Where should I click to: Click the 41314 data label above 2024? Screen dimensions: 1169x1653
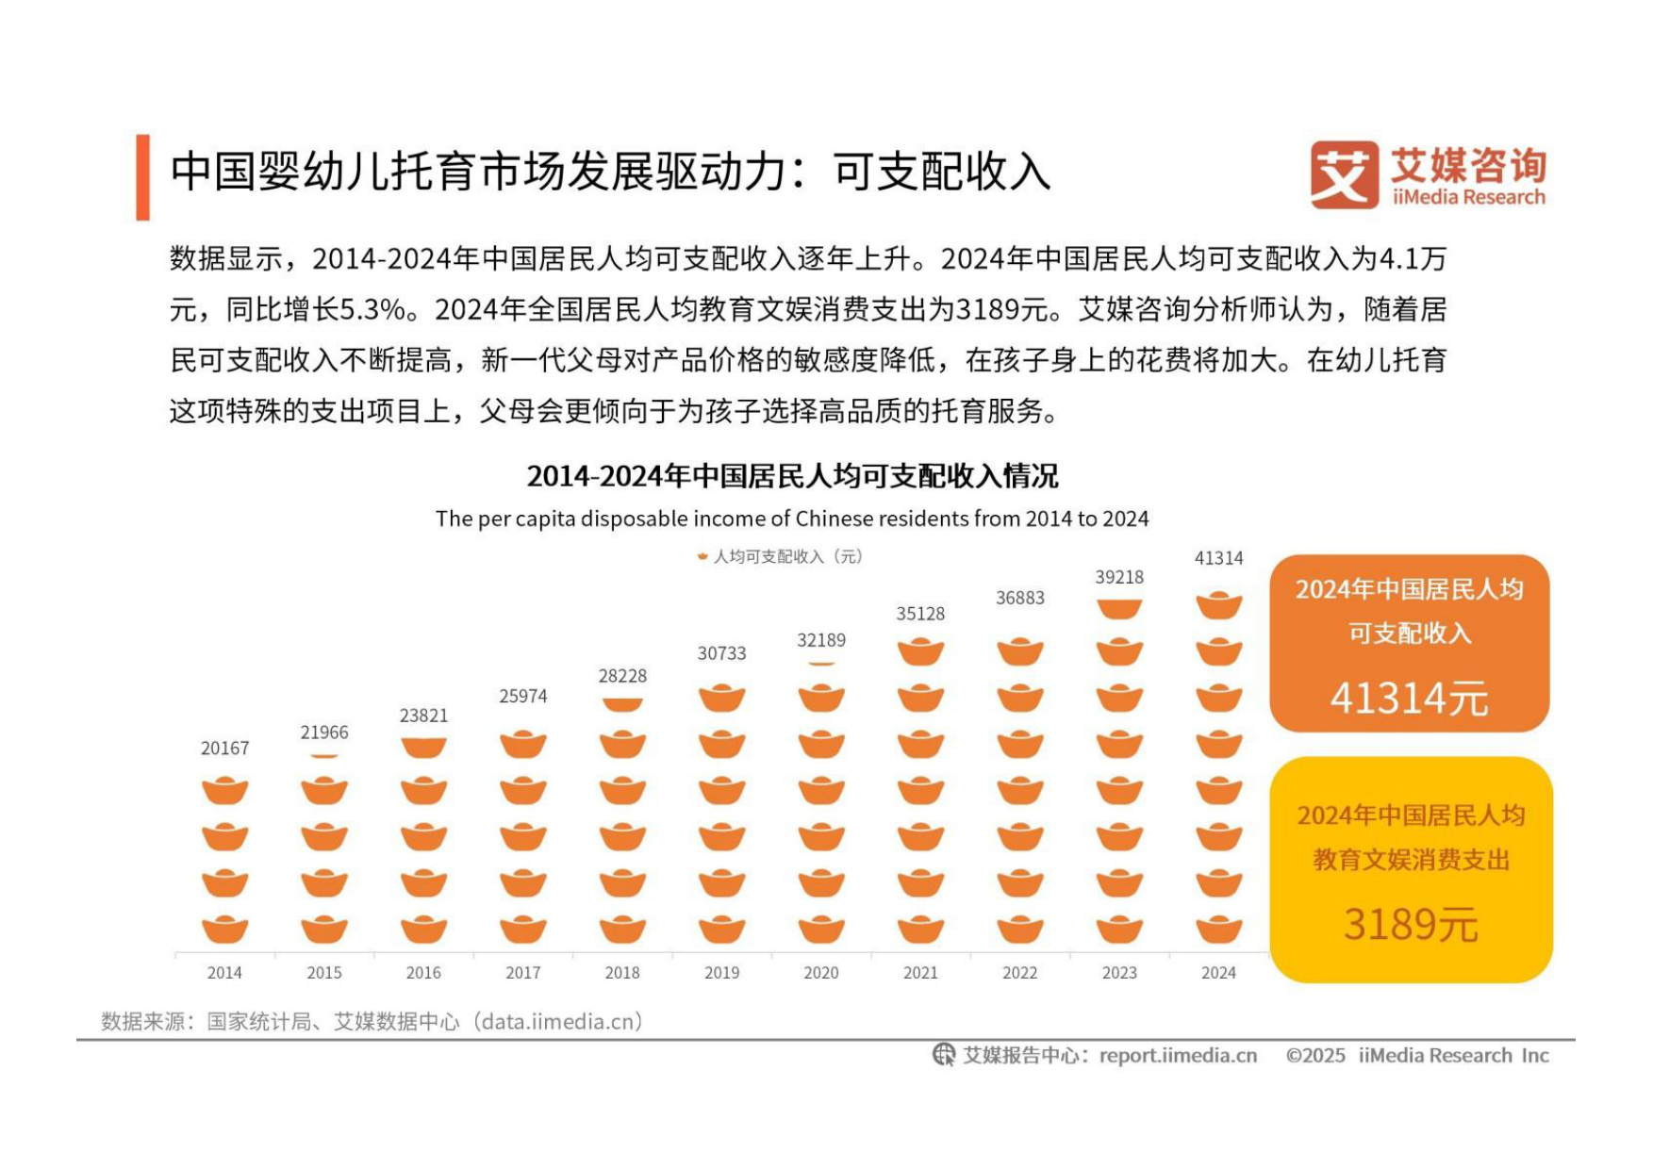(1218, 558)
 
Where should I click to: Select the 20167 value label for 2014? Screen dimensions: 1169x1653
(224, 749)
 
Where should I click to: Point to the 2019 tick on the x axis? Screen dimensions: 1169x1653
(721, 973)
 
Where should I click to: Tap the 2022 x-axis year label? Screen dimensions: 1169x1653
(1019, 973)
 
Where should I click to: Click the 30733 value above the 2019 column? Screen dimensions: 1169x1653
(721, 653)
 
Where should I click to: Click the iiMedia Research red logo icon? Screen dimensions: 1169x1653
(1344, 175)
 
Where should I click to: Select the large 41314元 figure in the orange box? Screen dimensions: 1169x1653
(1409, 699)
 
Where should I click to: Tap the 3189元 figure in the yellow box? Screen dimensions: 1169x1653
(1410, 924)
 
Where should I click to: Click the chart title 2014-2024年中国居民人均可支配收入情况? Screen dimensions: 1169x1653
(792, 476)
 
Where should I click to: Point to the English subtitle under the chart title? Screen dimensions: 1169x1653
(792, 519)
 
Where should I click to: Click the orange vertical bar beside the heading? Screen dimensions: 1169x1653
(142, 177)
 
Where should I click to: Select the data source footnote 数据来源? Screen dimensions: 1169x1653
(372, 1022)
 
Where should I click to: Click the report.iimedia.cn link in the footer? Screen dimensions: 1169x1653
(1178, 1056)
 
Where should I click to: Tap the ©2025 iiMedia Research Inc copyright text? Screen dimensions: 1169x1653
(1416, 1056)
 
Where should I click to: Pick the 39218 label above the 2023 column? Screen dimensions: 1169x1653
(1119, 577)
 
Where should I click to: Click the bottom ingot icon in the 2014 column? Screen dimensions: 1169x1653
(224, 930)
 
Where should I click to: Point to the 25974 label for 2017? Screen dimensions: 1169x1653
(522, 697)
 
